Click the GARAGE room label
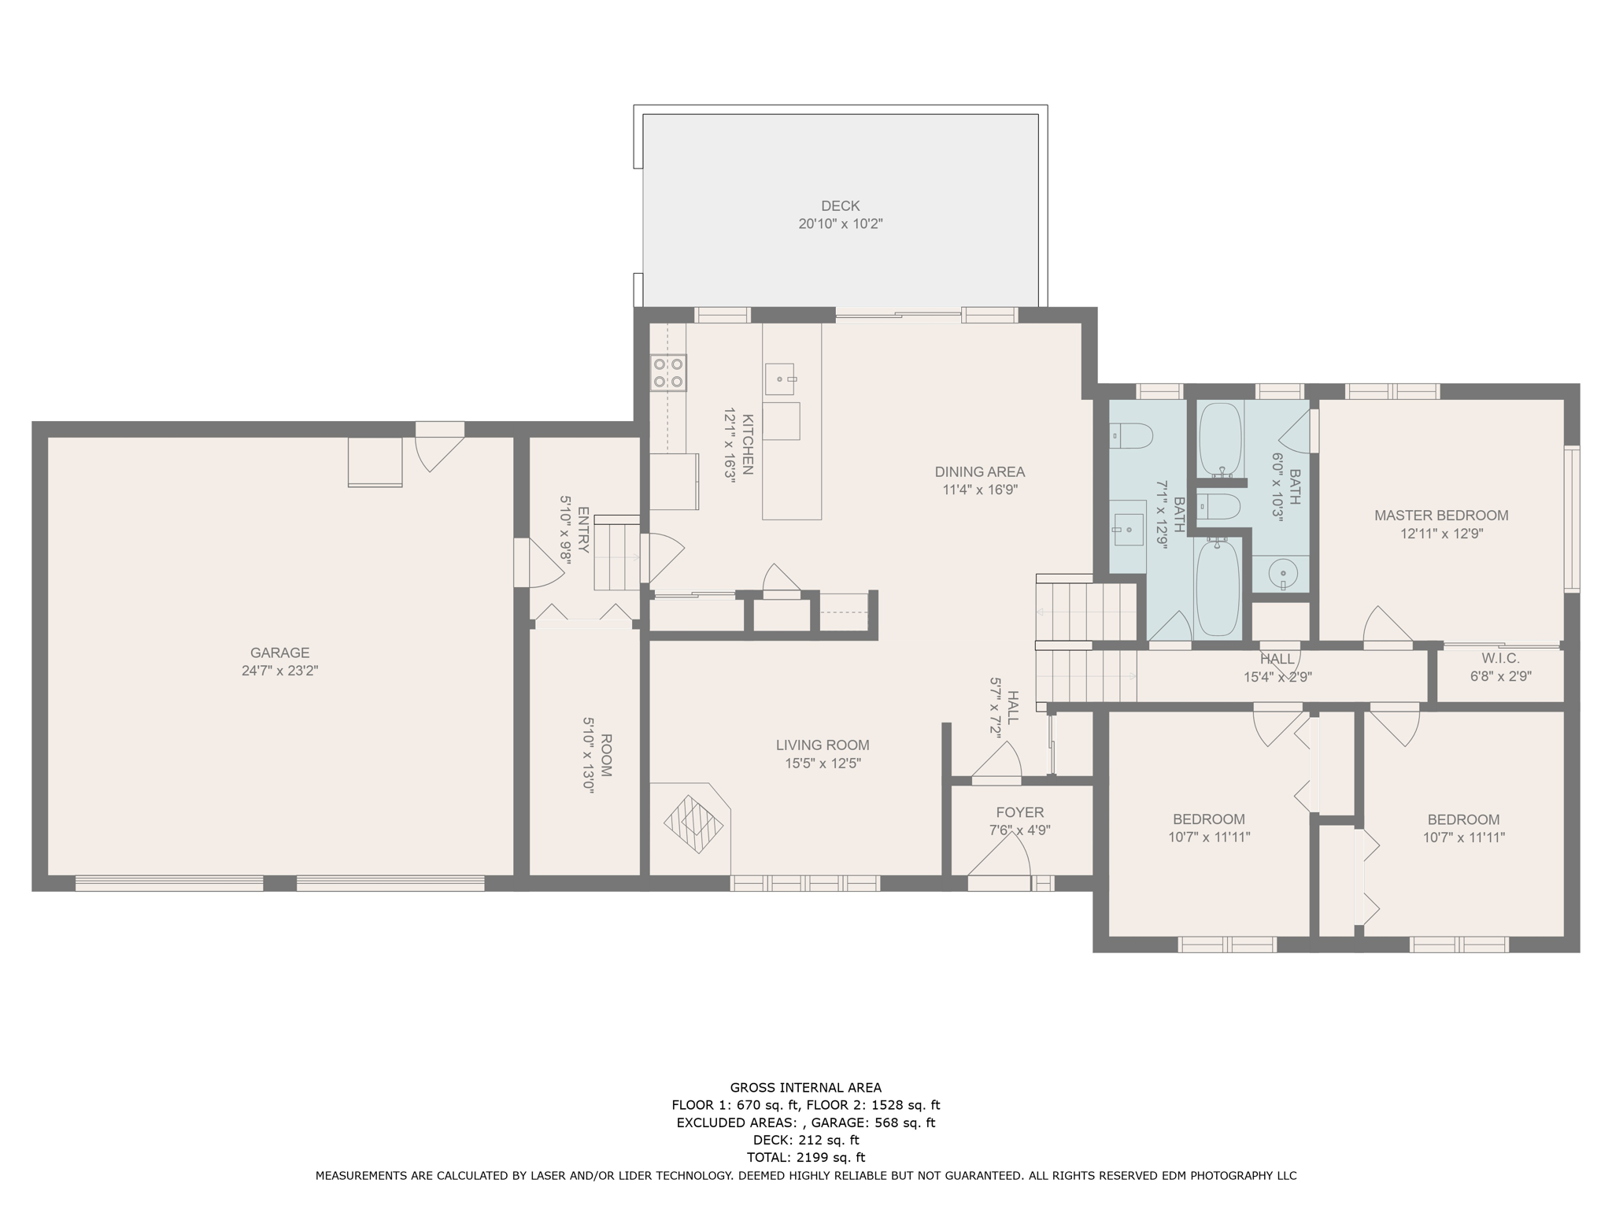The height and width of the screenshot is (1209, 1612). pyautogui.click(x=279, y=653)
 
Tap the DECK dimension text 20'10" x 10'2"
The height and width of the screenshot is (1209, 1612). pyautogui.click(x=841, y=224)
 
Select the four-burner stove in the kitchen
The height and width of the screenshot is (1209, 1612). pyautogui.click(x=668, y=373)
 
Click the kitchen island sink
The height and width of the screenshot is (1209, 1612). pyautogui.click(x=780, y=379)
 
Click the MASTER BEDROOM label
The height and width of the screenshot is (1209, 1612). pyautogui.click(x=1441, y=516)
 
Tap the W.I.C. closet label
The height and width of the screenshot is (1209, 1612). pyautogui.click(x=1500, y=658)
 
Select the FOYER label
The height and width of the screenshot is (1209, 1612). pyautogui.click(x=1020, y=812)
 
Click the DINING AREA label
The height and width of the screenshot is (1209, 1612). pyautogui.click(x=980, y=472)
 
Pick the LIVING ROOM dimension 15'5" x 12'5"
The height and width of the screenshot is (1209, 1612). pyautogui.click(x=823, y=763)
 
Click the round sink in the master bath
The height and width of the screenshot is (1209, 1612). pyautogui.click(x=1283, y=574)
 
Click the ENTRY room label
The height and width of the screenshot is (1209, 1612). pyautogui.click(x=583, y=530)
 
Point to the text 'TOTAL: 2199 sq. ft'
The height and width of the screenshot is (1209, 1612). pyautogui.click(x=806, y=1157)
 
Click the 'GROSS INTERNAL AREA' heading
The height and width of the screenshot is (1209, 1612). pyautogui.click(x=806, y=1088)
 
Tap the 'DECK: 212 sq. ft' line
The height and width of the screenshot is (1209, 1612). pyautogui.click(x=806, y=1140)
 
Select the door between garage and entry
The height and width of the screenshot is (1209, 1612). pyautogui.click(x=539, y=562)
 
